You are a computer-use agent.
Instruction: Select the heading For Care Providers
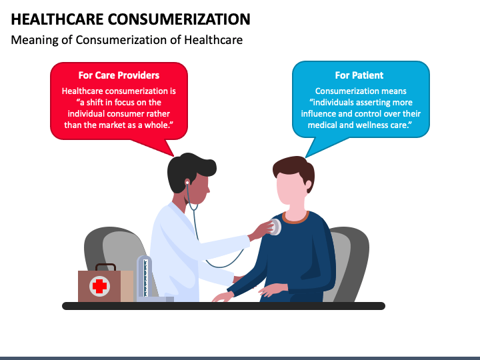[x=119, y=75]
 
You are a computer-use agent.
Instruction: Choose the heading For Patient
[x=359, y=75]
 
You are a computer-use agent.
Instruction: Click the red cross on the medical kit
[x=99, y=287]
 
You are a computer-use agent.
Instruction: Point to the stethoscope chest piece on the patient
[x=274, y=227]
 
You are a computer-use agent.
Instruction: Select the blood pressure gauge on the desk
[x=144, y=277]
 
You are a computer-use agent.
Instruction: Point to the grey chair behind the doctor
[x=100, y=247]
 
